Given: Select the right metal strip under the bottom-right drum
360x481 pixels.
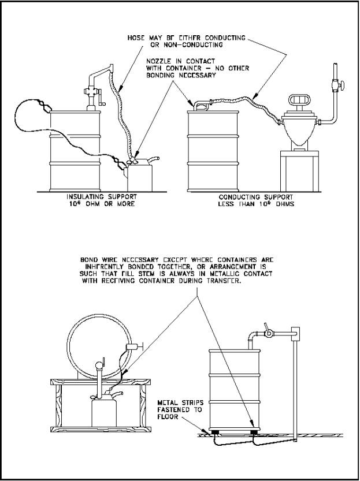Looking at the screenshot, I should (x=255, y=430).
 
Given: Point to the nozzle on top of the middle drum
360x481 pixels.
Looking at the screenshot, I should (x=199, y=105).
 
